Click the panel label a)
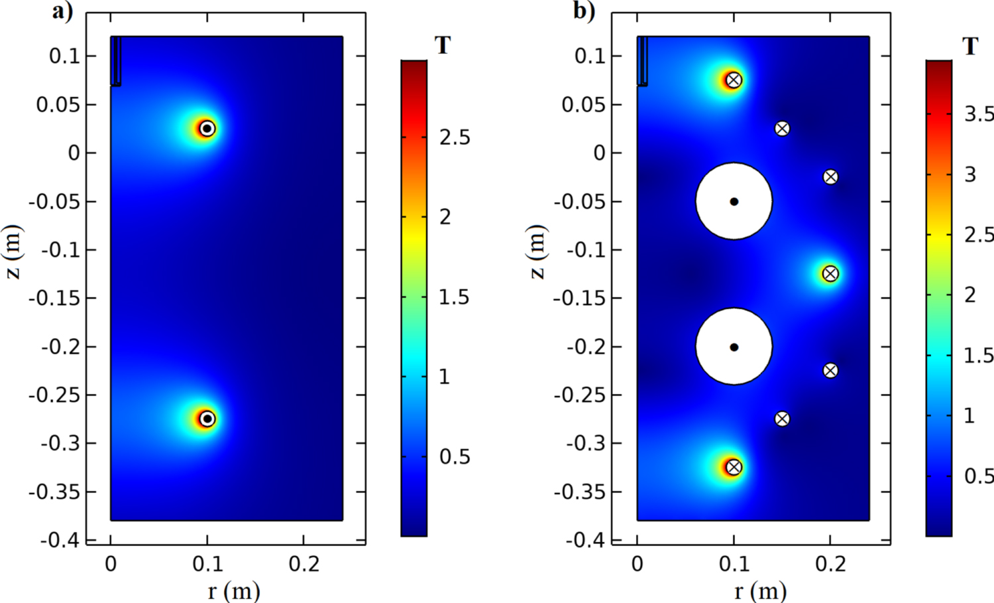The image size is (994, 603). [63, 11]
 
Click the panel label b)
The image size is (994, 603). [584, 11]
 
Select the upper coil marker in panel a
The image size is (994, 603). [207, 128]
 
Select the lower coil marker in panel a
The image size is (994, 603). [207, 419]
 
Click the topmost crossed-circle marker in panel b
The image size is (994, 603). [734, 80]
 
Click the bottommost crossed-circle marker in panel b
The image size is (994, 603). [734, 467]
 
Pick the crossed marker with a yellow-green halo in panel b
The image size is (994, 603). [830, 273]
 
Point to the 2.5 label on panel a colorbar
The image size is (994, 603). [455, 137]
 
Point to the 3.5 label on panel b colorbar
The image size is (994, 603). [979, 114]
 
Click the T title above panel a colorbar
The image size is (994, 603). [443, 46]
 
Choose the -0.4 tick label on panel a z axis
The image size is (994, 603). [59, 540]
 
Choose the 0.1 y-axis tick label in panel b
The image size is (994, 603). [591, 56]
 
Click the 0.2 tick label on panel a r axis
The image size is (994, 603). [304, 565]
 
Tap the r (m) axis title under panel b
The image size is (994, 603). [760, 590]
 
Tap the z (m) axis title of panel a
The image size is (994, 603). [15, 252]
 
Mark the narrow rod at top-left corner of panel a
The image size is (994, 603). [116, 61]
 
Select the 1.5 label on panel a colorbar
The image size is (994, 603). [454, 297]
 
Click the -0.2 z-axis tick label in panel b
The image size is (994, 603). [585, 347]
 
